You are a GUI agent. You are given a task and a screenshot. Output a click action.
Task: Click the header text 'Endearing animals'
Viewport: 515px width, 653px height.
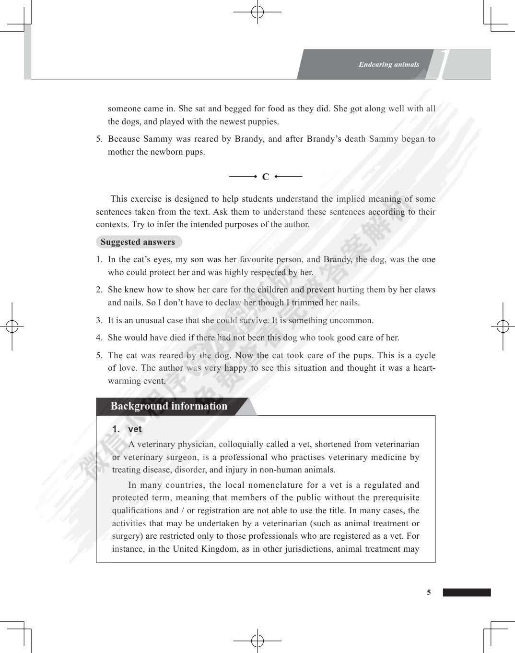tap(388, 64)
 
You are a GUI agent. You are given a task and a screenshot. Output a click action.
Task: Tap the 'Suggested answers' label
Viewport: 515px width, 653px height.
tap(138, 242)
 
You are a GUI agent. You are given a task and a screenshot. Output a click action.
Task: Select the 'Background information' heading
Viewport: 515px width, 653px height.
tap(169, 406)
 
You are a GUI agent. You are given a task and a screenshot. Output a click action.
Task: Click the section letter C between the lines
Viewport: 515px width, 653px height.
tap(266, 177)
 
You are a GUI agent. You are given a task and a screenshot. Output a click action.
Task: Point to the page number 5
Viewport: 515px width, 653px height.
tap(429, 593)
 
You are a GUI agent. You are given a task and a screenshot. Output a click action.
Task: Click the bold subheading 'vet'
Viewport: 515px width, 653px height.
tap(135, 429)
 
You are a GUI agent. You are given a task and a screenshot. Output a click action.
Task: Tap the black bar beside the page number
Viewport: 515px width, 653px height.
tap(467, 593)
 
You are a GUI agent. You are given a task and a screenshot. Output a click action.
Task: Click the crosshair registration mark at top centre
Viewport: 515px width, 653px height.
tap(257, 12)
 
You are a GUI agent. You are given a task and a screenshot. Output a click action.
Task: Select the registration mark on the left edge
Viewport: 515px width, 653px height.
tap(12, 326)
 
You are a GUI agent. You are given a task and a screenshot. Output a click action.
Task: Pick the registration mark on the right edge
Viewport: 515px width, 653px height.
tap(503, 326)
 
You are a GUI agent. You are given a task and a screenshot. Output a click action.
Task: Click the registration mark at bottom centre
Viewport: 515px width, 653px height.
tap(257, 641)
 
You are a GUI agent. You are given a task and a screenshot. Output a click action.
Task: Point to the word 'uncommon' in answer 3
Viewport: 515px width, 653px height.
tap(355, 320)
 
